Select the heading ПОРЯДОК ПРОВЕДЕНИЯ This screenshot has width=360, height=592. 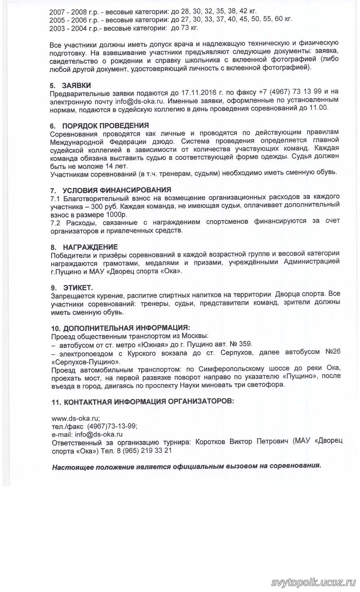coord(105,126)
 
